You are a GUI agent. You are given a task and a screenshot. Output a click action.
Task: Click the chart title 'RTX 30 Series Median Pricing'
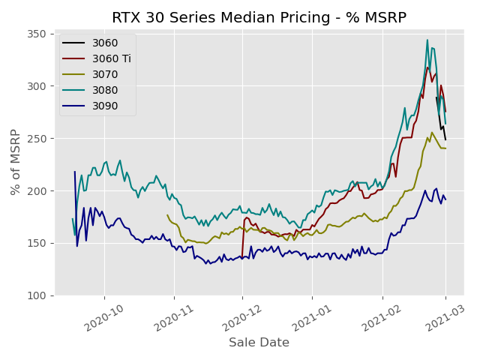point(259,17)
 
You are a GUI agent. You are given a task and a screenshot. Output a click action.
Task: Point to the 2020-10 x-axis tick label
point(104,315)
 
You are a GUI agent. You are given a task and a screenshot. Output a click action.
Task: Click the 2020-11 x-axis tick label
point(173,315)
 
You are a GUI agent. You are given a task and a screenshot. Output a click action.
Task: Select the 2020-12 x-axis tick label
point(241,315)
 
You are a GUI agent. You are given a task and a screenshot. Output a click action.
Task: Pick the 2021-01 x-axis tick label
point(312,315)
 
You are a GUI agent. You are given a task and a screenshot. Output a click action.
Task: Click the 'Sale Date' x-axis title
point(259,343)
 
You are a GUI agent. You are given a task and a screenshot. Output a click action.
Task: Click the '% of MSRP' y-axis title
point(16,162)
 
